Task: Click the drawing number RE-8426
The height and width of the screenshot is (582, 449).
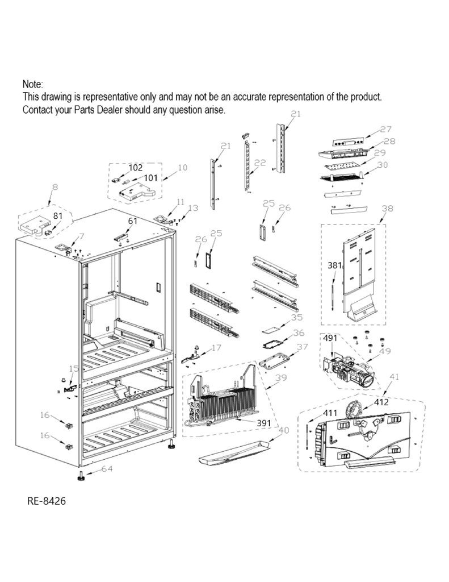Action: click(x=50, y=502)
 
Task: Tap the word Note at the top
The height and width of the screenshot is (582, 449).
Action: click(x=32, y=84)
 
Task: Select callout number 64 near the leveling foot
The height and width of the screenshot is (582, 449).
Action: click(x=107, y=469)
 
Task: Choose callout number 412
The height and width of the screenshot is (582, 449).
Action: click(x=381, y=402)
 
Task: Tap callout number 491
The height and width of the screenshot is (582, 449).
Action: click(x=330, y=338)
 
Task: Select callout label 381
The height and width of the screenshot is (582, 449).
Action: click(x=334, y=265)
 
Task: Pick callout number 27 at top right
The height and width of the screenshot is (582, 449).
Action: click(x=386, y=129)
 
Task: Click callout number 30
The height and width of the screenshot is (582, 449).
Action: click(x=383, y=165)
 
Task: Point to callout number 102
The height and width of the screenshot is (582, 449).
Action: click(x=136, y=168)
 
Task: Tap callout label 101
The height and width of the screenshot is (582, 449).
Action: click(x=150, y=178)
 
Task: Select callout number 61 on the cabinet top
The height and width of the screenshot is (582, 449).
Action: click(x=133, y=221)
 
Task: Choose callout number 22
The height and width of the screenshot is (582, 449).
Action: click(x=260, y=163)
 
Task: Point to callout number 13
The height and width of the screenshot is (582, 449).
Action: click(x=193, y=208)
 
